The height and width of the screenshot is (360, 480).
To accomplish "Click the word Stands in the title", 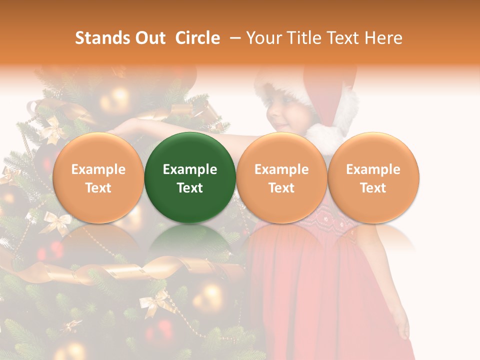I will click(101, 38).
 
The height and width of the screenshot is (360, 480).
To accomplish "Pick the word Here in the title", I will click(383, 38).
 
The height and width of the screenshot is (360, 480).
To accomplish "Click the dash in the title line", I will click(234, 38).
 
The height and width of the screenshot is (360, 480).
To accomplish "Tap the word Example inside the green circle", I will click(190, 169).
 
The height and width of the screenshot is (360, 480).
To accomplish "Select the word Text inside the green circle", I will click(190, 188).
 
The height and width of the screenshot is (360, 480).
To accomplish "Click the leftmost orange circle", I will click(98, 177).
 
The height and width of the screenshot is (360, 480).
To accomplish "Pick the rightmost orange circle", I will click(373, 177).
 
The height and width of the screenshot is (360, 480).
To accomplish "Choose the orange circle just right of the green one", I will click(281, 177).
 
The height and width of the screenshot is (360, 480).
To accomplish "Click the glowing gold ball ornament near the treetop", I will click(115, 97).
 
